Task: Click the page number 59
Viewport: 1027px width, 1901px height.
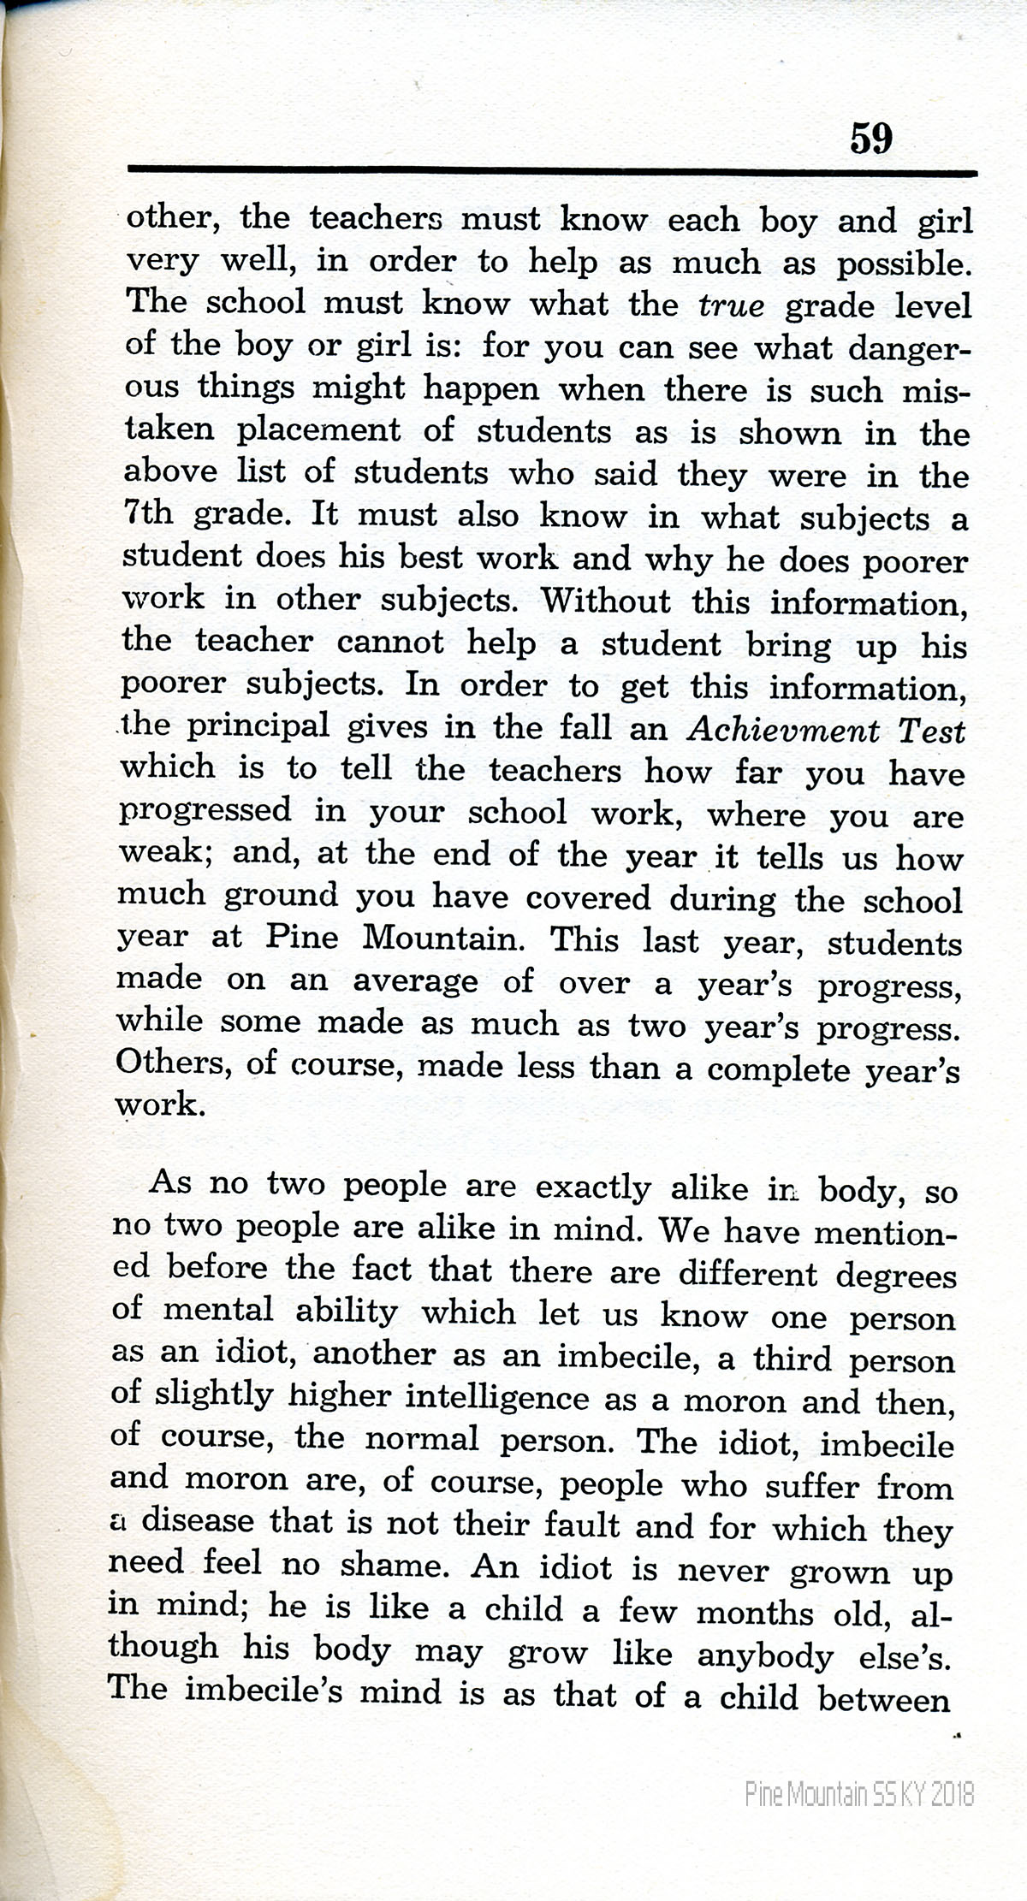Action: (x=871, y=137)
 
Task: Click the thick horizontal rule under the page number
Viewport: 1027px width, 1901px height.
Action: (x=552, y=172)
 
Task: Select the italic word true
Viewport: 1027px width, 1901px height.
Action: (x=731, y=306)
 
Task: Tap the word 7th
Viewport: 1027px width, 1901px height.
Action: (x=149, y=514)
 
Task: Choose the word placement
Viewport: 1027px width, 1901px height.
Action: (x=318, y=429)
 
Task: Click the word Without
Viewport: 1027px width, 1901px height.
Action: (x=606, y=601)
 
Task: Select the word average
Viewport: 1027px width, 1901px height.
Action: (x=416, y=980)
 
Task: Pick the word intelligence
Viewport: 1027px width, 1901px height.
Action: (x=496, y=1398)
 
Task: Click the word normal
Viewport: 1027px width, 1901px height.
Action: (x=422, y=1439)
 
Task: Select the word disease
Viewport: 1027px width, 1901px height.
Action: (x=198, y=1522)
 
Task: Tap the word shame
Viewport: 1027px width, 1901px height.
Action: (x=391, y=1565)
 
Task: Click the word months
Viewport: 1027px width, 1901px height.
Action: (x=754, y=1612)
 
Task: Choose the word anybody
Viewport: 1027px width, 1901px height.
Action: (x=764, y=1655)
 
